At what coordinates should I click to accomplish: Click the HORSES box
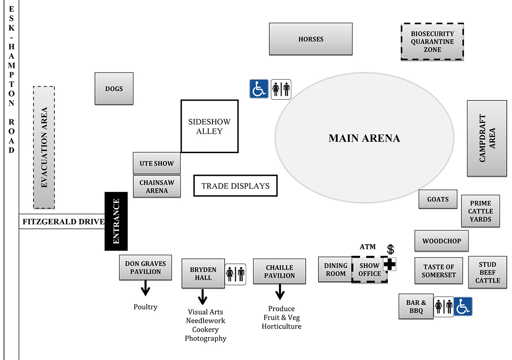tap(311, 39)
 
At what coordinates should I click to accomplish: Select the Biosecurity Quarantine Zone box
tap(432, 42)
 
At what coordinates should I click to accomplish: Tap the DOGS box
tap(114, 89)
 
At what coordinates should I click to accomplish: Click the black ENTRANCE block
tap(116, 221)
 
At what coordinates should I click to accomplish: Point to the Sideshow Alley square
tap(209, 126)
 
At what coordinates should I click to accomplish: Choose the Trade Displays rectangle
tap(236, 186)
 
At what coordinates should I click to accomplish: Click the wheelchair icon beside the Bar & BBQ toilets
tap(463, 306)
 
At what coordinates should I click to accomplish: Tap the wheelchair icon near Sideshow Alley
tap(259, 89)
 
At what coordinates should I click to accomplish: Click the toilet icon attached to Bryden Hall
tap(236, 274)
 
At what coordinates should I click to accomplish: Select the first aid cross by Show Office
tap(389, 264)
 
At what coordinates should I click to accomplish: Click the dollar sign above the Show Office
tap(390, 249)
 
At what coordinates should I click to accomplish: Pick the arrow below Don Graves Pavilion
tap(145, 288)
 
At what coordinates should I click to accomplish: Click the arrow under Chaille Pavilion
tap(280, 292)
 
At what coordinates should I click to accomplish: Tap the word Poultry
tap(145, 307)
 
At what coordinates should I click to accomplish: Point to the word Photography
tap(205, 338)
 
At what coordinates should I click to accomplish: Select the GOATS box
tap(438, 199)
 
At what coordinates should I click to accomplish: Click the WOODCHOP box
tap(442, 241)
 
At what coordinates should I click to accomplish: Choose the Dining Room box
tap(335, 270)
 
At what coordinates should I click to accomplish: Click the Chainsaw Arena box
tap(157, 186)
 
